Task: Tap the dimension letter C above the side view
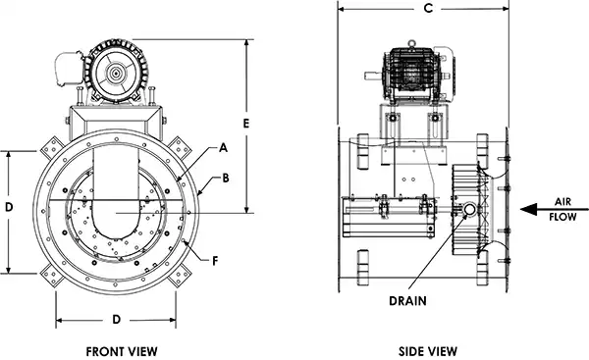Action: pyautogui.click(x=426, y=10)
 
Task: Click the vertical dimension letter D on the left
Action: pyautogui.click(x=9, y=208)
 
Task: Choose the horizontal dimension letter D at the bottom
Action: pyautogui.click(x=117, y=320)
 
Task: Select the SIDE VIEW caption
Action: pyautogui.click(x=425, y=350)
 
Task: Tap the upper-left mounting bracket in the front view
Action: pyautogui.click(x=49, y=146)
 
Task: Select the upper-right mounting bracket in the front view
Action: pyautogui.click(x=182, y=146)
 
